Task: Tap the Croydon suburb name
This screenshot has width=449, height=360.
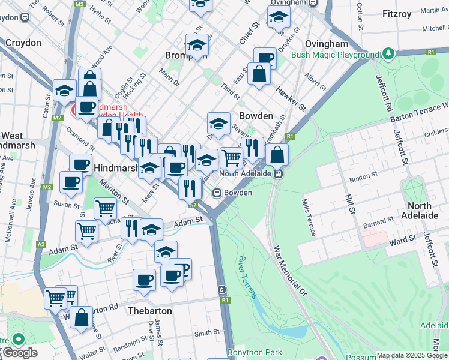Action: (23, 43)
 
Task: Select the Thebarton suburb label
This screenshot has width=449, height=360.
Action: (150, 311)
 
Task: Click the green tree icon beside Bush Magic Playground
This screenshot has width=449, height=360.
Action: (388, 54)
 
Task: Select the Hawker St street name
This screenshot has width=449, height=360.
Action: (291, 99)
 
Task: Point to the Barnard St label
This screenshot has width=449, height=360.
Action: (377, 224)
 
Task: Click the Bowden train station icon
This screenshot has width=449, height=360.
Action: (218, 193)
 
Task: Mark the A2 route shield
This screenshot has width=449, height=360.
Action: (41, 244)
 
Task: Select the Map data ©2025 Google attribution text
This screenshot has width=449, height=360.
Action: (412, 355)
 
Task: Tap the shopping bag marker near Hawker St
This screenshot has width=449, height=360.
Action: (259, 75)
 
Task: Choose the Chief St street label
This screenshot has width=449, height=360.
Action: (249, 33)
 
